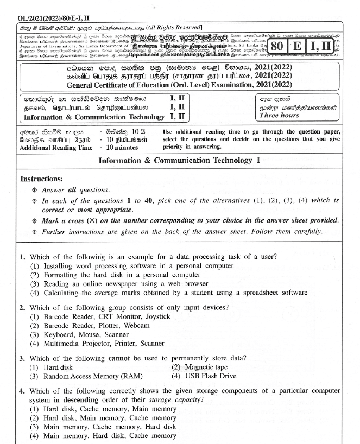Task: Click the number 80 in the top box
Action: pos(276,46)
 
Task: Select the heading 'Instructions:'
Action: pos(41,179)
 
